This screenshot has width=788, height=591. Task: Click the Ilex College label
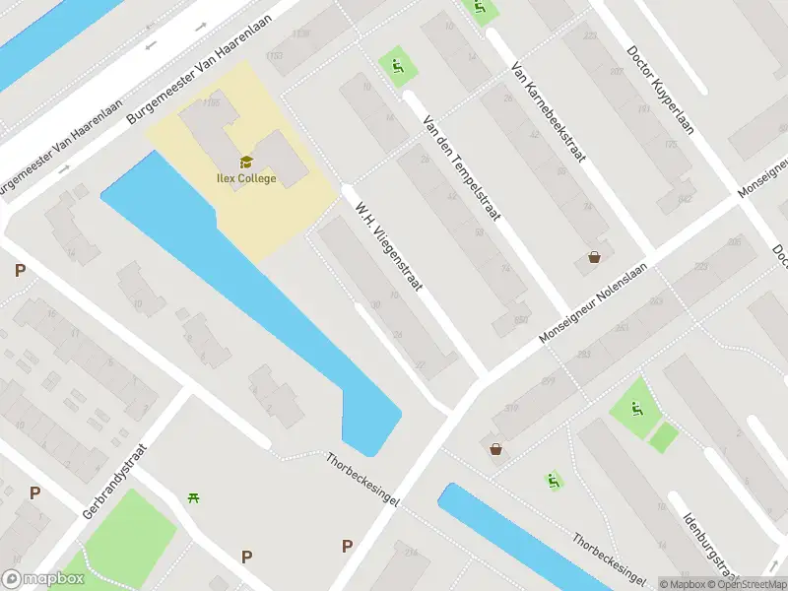point(246,179)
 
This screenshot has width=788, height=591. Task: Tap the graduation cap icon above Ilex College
point(245,162)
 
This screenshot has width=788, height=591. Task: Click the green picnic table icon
point(194,498)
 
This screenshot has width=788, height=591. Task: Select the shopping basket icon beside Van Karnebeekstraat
point(595,258)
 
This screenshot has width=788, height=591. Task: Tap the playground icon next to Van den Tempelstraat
point(398,67)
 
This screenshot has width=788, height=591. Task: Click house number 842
point(686,199)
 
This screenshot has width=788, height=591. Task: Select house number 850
point(521,319)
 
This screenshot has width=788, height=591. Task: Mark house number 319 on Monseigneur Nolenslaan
point(512,409)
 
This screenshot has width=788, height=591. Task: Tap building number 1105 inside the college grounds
point(210,102)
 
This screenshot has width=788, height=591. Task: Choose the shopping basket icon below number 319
point(495,449)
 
